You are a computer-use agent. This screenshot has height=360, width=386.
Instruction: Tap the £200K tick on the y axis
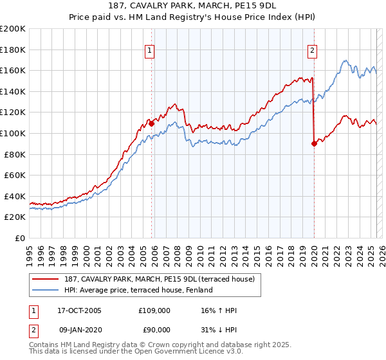(12, 28)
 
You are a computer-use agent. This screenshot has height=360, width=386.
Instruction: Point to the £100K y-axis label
(12, 133)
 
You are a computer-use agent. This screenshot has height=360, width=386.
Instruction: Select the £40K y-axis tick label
(14, 196)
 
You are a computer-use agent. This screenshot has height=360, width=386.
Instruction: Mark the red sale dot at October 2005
(152, 124)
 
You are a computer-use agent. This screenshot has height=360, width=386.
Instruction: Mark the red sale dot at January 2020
(314, 144)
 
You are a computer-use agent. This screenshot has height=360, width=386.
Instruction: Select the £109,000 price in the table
(154, 310)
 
